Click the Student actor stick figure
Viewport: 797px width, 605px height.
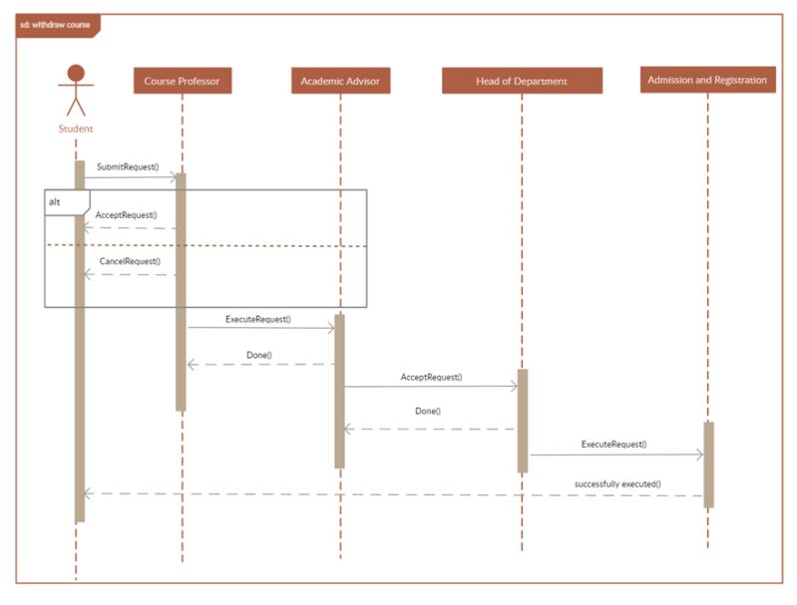(x=76, y=91)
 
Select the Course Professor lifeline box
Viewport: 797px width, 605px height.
(x=183, y=81)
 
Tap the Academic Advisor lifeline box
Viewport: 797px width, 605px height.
(x=340, y=81)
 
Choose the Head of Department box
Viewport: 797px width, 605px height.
(x=522, y=81)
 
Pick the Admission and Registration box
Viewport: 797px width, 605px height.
(x=707, y=80)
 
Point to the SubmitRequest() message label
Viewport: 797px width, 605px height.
(x=128, y=166)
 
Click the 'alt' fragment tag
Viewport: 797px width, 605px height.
(x=55, y=201)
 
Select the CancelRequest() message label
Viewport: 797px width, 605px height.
(x=130, y=261)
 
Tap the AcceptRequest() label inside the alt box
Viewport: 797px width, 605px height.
(x=127, y=214)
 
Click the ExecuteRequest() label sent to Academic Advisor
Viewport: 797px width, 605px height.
(x=258, y=319)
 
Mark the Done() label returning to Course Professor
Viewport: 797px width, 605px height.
(x=259, y=355)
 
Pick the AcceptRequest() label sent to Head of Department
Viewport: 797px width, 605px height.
(x=431, y=378)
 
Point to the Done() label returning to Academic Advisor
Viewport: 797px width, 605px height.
(x=428, y=411)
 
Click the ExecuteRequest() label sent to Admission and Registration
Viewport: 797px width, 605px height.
(x=613, y=444)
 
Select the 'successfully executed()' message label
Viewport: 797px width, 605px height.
(x=617, y=483)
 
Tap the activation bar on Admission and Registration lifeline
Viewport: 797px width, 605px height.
(x=708, y=464)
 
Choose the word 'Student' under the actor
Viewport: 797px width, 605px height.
(x=76, y=129)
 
